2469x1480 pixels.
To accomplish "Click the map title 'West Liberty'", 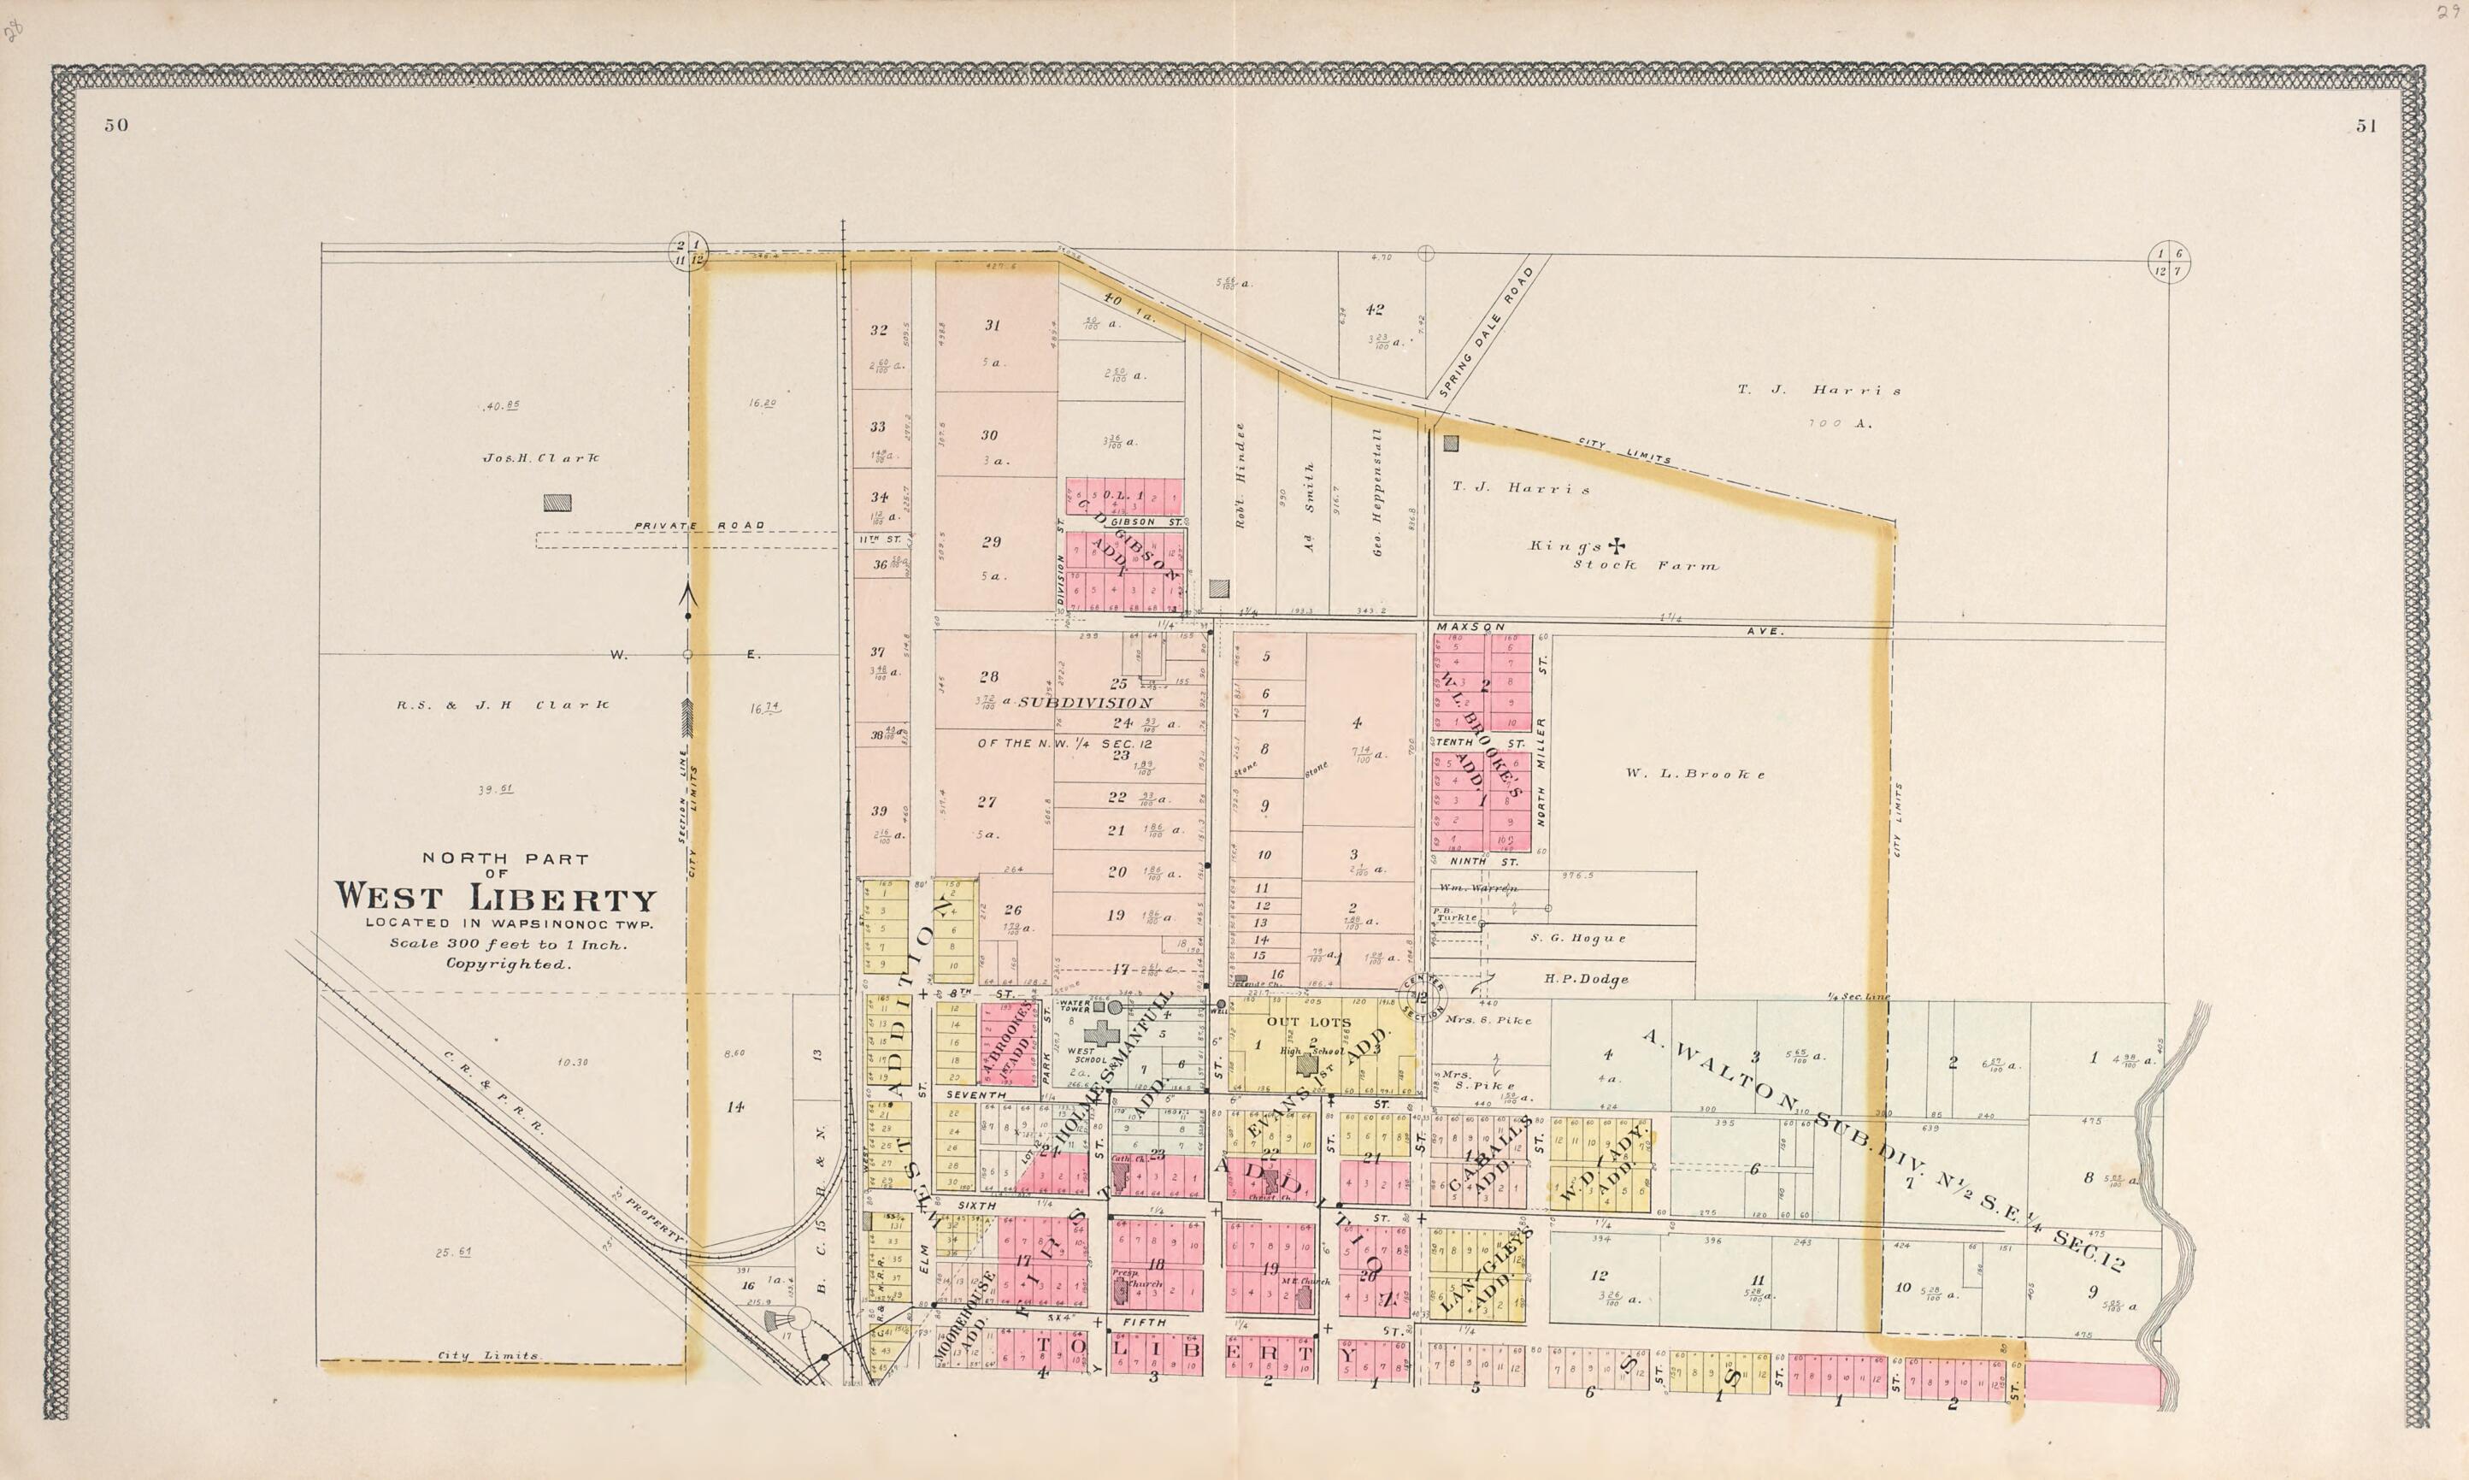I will point(496,898).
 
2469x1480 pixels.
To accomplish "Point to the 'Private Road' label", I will point(700,526).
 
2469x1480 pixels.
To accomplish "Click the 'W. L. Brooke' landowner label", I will point(1694,774).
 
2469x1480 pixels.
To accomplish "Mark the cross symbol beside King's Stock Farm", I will point(1617,545).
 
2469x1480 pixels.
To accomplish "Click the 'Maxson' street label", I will point(1470,627).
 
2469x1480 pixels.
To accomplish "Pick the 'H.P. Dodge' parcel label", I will point(1587,978).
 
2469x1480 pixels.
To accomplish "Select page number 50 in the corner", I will point(115,126).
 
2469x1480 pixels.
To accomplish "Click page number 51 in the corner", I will point(2366,126).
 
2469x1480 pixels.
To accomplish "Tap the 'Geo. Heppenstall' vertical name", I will point(1377,491).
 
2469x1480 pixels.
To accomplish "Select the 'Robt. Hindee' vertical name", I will point(1241,475).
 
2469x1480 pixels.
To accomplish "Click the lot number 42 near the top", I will point(1375,310).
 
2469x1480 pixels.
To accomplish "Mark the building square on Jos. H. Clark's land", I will point(557,503).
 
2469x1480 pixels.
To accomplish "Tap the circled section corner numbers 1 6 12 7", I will point(2168,262).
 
